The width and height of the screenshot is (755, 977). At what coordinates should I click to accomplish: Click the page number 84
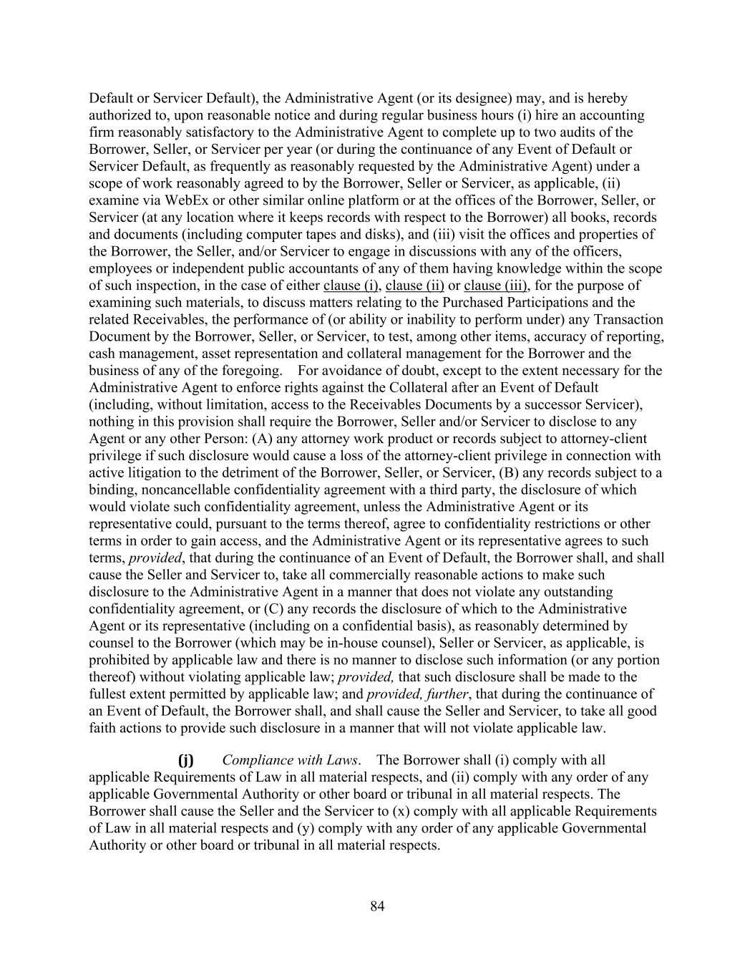coord(377,907)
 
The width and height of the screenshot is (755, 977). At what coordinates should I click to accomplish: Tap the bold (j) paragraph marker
coord(185,760)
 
